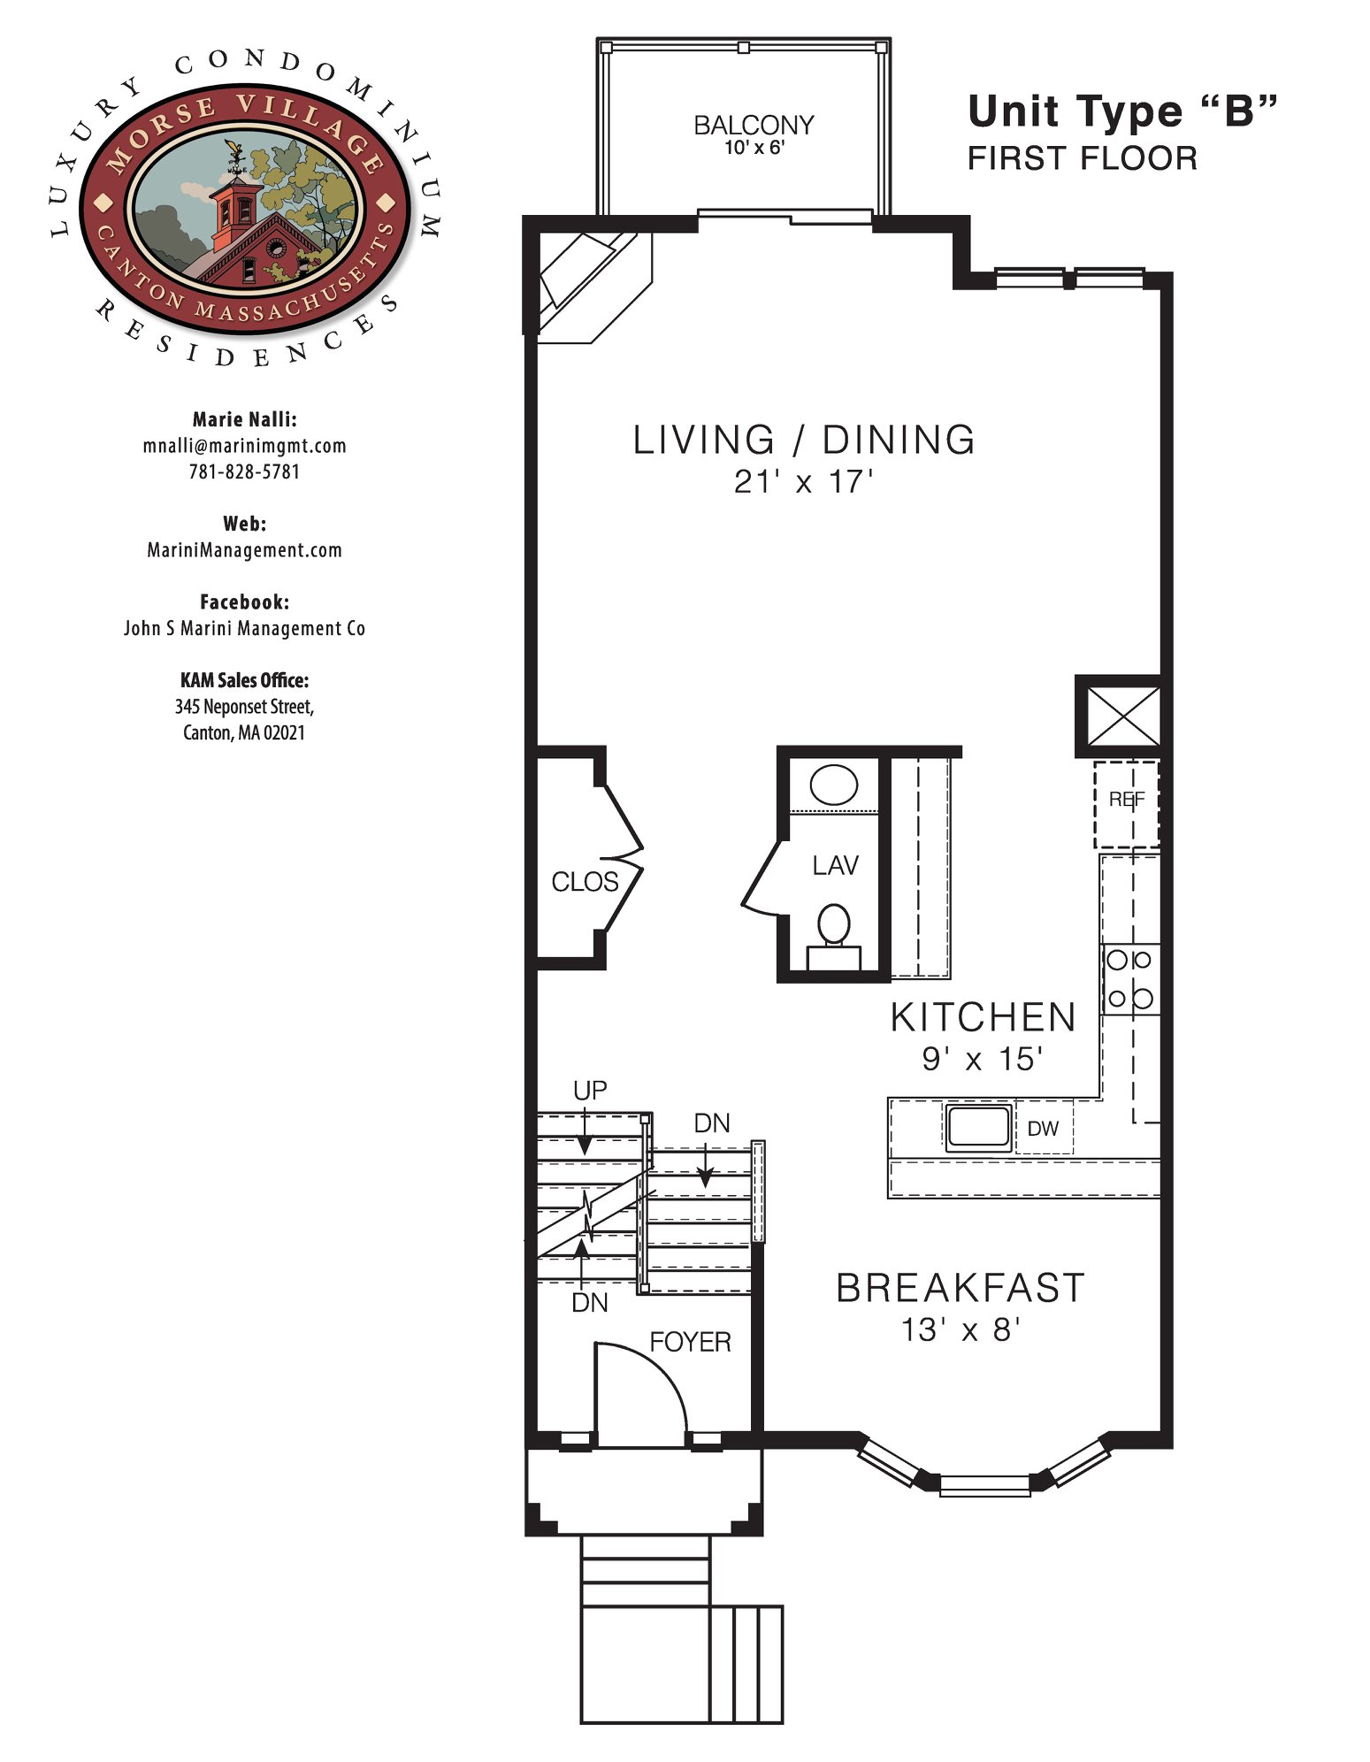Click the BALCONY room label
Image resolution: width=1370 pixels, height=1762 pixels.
pos(754,126)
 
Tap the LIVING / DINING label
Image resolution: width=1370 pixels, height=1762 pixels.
pos(804,440)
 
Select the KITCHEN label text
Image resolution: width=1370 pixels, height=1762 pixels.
pos(983,1017)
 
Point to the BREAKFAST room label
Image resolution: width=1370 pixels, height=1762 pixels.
pos(961,1288)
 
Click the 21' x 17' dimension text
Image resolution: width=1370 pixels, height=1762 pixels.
pos(804,482)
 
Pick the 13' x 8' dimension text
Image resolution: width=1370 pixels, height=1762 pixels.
pos(961,1329)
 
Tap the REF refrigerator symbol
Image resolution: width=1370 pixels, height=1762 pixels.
pos(1126,804)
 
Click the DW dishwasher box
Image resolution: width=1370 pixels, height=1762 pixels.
pos(1044,1128)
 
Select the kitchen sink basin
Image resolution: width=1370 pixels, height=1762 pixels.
pos(978,1127)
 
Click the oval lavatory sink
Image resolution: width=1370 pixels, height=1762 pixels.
pos(834,785)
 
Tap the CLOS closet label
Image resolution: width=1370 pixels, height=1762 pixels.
pos(585,882)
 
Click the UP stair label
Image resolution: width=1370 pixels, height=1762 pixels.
pos(590,1091)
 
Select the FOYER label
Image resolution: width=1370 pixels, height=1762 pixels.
pos(690,1342)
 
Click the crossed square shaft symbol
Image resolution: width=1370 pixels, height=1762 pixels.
pos(1123,716)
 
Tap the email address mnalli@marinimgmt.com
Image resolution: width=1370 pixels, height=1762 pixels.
pos(244,446)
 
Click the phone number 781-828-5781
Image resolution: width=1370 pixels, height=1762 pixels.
pos(244,471)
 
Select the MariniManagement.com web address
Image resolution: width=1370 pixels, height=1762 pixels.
pos(244,550)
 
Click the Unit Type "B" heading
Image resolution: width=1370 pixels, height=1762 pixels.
pos(1122,111)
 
